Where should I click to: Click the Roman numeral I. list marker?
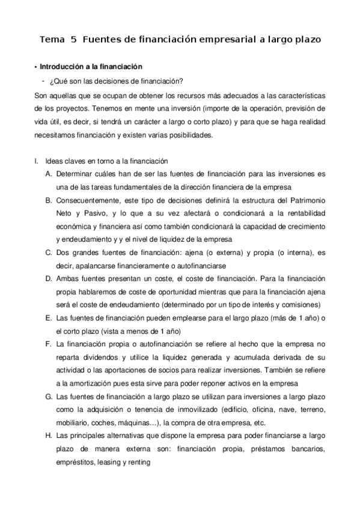tap(37, 161)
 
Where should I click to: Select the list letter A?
tap(48, 173)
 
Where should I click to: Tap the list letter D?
tap(48, 278)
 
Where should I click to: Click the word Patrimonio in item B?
tap(305, 200)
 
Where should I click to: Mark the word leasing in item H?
tap(102, 464)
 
